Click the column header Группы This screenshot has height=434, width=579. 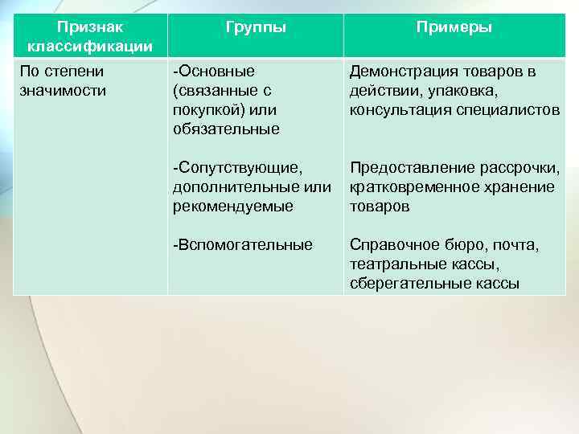[x=255, y=27]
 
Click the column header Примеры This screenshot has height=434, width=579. [x=454, y=27]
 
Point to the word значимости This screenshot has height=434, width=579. [x=62, y=89]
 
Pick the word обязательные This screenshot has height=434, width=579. [x=226, y=129]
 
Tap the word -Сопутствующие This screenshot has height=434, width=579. [x=237, y=168]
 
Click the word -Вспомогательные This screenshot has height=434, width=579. [x=243, y=244]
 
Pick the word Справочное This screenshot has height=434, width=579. [x=389, y=244]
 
